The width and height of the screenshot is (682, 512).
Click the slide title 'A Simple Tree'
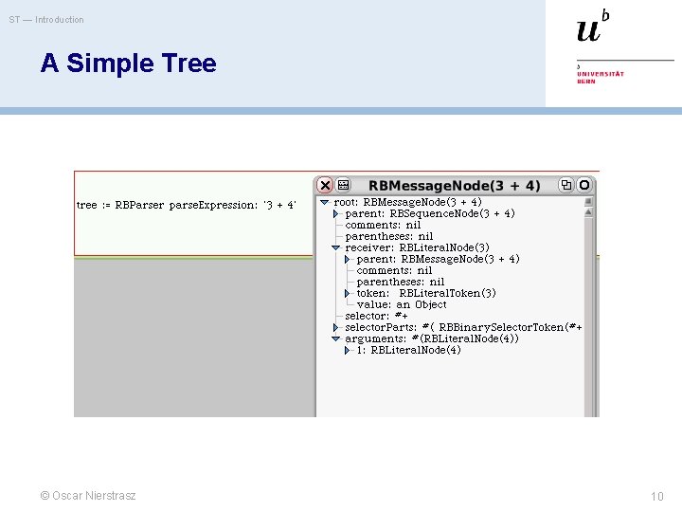click(128, 64)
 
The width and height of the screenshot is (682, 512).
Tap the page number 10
click(657, 497)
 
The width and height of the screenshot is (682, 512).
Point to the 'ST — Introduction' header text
click(46, 20)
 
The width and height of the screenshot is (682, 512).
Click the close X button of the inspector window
click(325, 186)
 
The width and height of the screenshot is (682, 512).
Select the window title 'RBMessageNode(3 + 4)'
click(454, 186)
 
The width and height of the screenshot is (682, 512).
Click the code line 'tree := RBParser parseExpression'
click(186, 205)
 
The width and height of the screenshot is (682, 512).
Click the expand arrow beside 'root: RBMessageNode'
click(324, 202)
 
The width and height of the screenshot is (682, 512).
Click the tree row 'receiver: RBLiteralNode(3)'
click(417, 247)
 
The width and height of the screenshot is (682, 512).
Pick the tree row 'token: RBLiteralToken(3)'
click(425, 293)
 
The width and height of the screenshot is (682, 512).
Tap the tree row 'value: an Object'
click(402, 304)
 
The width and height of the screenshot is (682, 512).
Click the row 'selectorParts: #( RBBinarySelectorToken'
click(462, 327)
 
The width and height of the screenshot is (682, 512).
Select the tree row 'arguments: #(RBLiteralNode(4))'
click(431, 338)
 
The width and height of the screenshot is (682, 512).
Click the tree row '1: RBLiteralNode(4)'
click(408, 350)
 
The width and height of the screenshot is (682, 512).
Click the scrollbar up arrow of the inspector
click(588, 201)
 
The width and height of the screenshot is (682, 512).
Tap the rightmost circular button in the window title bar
click(584, 186)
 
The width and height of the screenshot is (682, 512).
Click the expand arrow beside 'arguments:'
click(335, 338)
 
